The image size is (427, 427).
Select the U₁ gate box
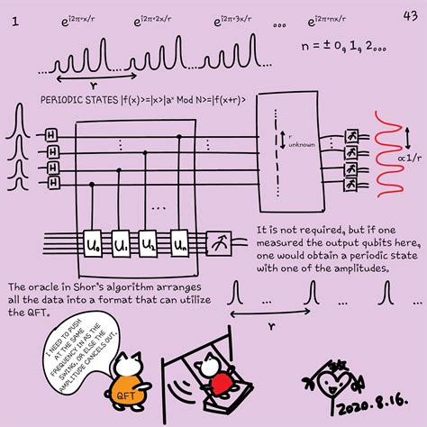click(122, 243)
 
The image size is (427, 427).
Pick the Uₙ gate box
click(181, 243)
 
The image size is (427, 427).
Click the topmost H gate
click(51, 133)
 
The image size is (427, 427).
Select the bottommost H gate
click(51, 182)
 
